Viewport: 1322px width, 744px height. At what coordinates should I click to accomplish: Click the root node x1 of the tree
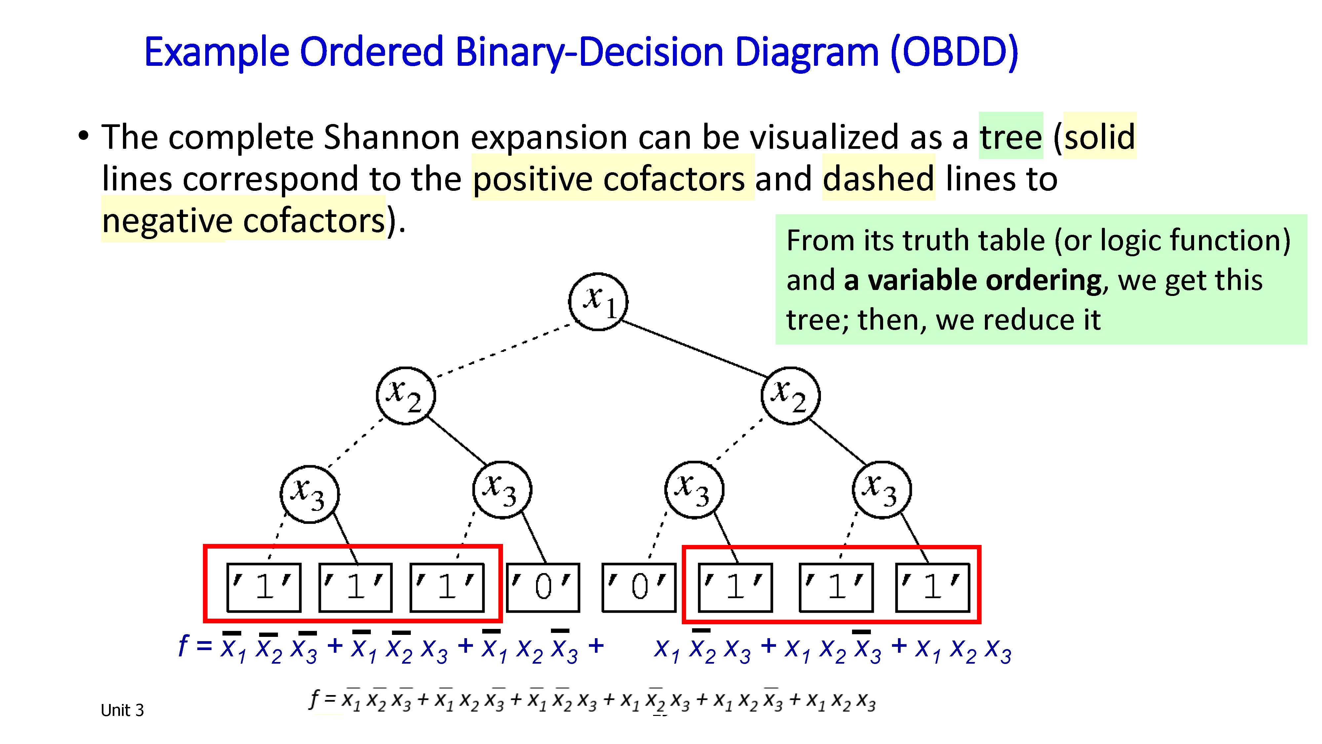[x=598, y=302]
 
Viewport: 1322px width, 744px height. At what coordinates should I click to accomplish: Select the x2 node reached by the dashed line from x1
[x=406, y=396]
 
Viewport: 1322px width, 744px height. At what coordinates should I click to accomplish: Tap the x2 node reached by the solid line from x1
[x=790, y=396]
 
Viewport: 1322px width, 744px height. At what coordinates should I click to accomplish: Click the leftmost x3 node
[x=309, y=494]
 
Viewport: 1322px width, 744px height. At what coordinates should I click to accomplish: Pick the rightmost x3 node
[x=882, y=490]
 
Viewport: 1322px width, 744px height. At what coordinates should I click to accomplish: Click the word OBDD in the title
[x=953, y=52]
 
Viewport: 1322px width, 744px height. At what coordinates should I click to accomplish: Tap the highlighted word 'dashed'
[x=878, y=179]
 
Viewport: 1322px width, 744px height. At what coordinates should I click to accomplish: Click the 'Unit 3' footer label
[x=122, y=710]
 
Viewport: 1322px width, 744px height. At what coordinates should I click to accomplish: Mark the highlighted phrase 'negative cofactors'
[x=243, y=221]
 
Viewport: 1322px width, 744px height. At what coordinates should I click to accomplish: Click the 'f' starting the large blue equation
[x=183, y=645]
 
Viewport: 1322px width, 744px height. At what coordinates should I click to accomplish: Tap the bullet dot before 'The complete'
[x=83, y=136]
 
